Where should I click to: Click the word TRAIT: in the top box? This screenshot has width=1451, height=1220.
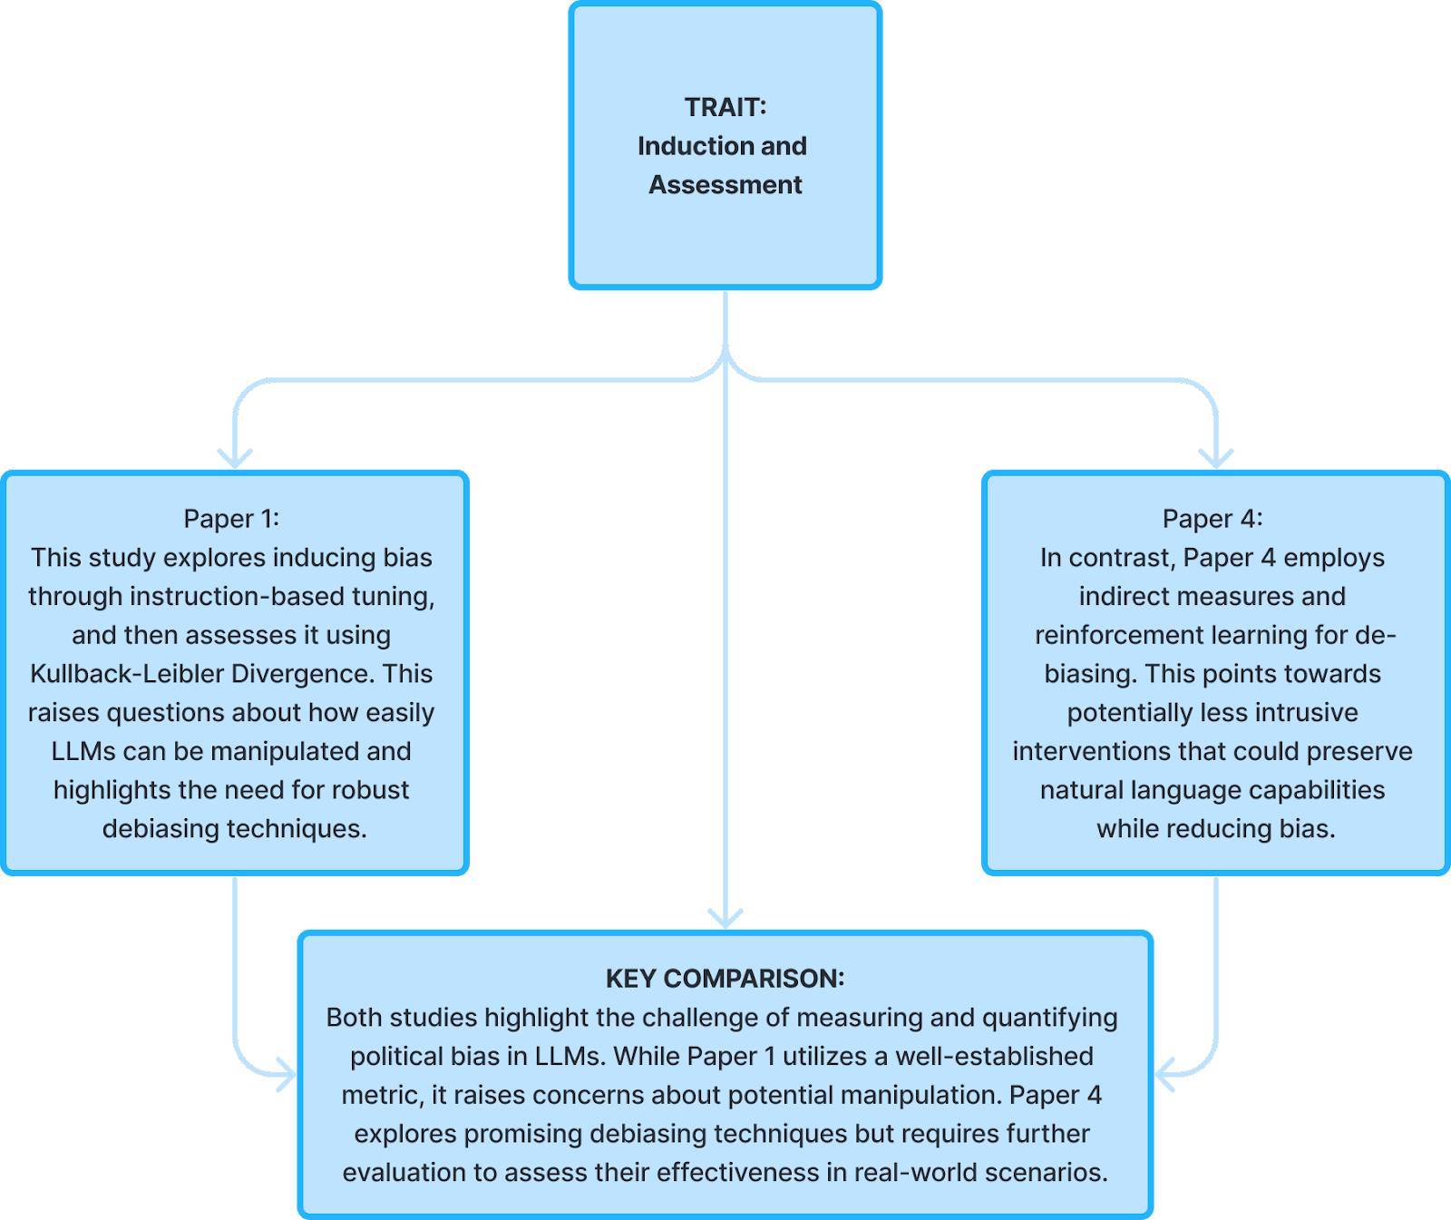(x=725, y=107)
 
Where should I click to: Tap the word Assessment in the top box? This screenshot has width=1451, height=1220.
(x=725, y=185)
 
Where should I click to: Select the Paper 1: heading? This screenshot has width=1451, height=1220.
(x=231, y=519)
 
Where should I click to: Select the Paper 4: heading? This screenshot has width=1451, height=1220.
(x=1212, y=519)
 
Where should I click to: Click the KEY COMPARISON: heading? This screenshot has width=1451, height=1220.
(x=725, y=979)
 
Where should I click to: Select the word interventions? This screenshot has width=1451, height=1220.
(x=1091, y=752)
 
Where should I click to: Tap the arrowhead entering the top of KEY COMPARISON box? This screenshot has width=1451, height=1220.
(x=725, y=918)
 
